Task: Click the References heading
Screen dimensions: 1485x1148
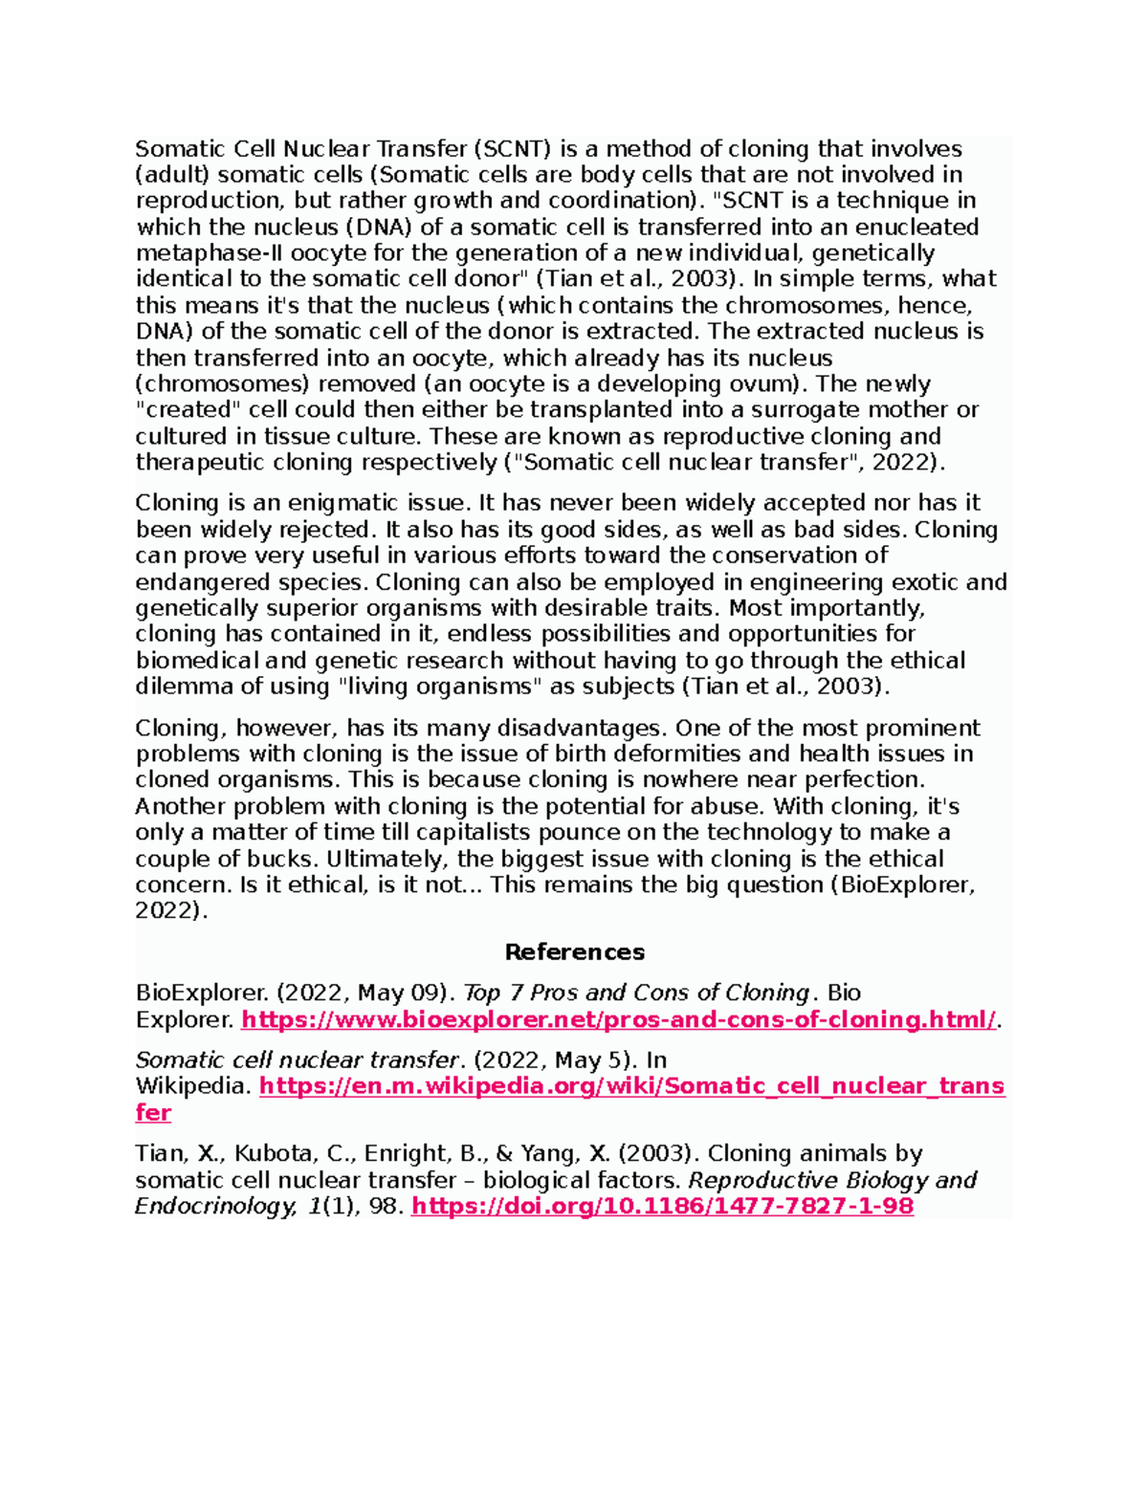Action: pyautogui.click(x=574, y=952)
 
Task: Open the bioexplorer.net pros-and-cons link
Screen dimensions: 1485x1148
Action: pyautogui.click(x=618, y=1019)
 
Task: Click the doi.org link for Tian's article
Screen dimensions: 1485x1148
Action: pyautogui.click(x=662, y=1206)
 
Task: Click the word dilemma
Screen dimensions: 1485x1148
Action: pyautogui.click(x=185, y=687)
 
